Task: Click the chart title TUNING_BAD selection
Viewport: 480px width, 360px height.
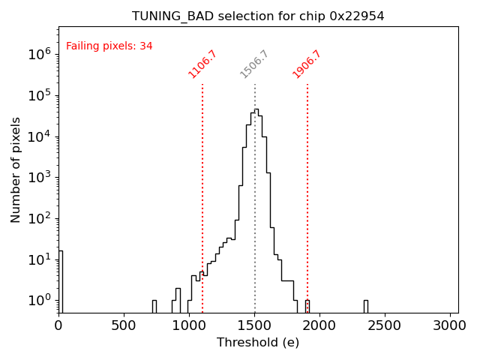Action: pos(258,16)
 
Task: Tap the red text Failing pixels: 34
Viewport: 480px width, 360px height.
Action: pos(109,46)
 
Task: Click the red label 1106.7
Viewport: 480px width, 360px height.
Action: pos(202,64)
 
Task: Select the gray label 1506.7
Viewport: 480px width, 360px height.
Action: pos(254,64)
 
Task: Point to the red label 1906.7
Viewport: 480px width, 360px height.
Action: pos(307,64)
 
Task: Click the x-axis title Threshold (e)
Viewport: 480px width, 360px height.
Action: pos(258,343)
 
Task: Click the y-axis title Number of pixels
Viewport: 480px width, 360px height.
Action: pos(16,169)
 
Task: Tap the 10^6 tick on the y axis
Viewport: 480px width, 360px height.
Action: pos(38,54)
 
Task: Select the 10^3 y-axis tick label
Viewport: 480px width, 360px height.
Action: pos(38,178)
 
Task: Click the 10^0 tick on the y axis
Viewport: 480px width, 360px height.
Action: pos(38,301)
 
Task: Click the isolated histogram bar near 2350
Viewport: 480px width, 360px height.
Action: pos(366,306)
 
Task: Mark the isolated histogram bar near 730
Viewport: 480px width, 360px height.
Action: pos(154,306)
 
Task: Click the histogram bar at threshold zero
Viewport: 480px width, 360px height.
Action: pos(60,281)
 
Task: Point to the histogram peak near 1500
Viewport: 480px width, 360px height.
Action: pos(256,109)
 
